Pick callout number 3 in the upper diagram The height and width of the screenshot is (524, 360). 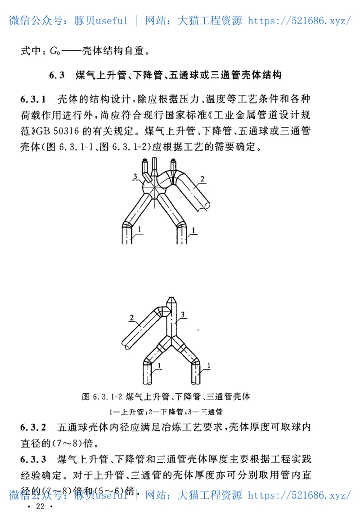[x=135, y=175]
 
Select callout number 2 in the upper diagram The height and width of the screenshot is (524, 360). [x=202, y=179]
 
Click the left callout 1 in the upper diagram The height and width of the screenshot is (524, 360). [x=140, y=230]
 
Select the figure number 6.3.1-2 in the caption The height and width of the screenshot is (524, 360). [x=108, y=397]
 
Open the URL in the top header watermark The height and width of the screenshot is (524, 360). [x=299, y=20]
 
